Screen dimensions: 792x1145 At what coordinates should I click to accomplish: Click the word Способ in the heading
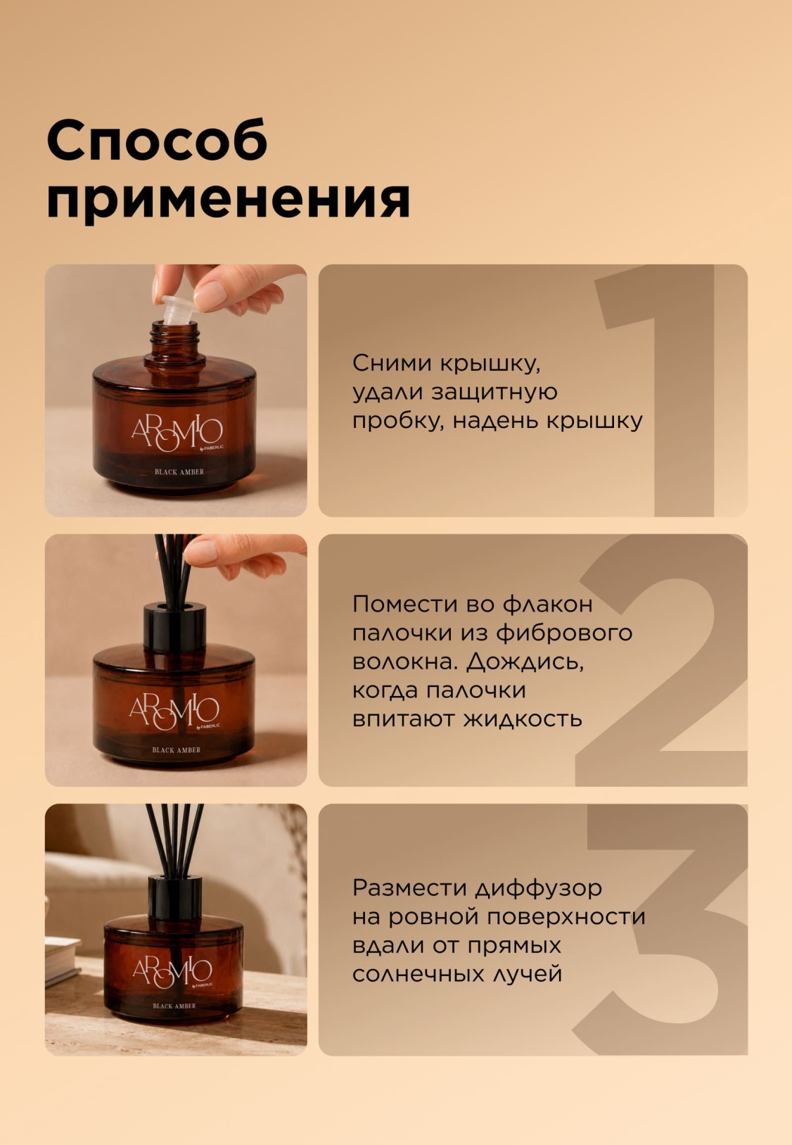pyautogui.click(x=157, y=139)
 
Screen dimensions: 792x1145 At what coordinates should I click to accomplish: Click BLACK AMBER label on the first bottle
pyautogui.click(x=179, y=472)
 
